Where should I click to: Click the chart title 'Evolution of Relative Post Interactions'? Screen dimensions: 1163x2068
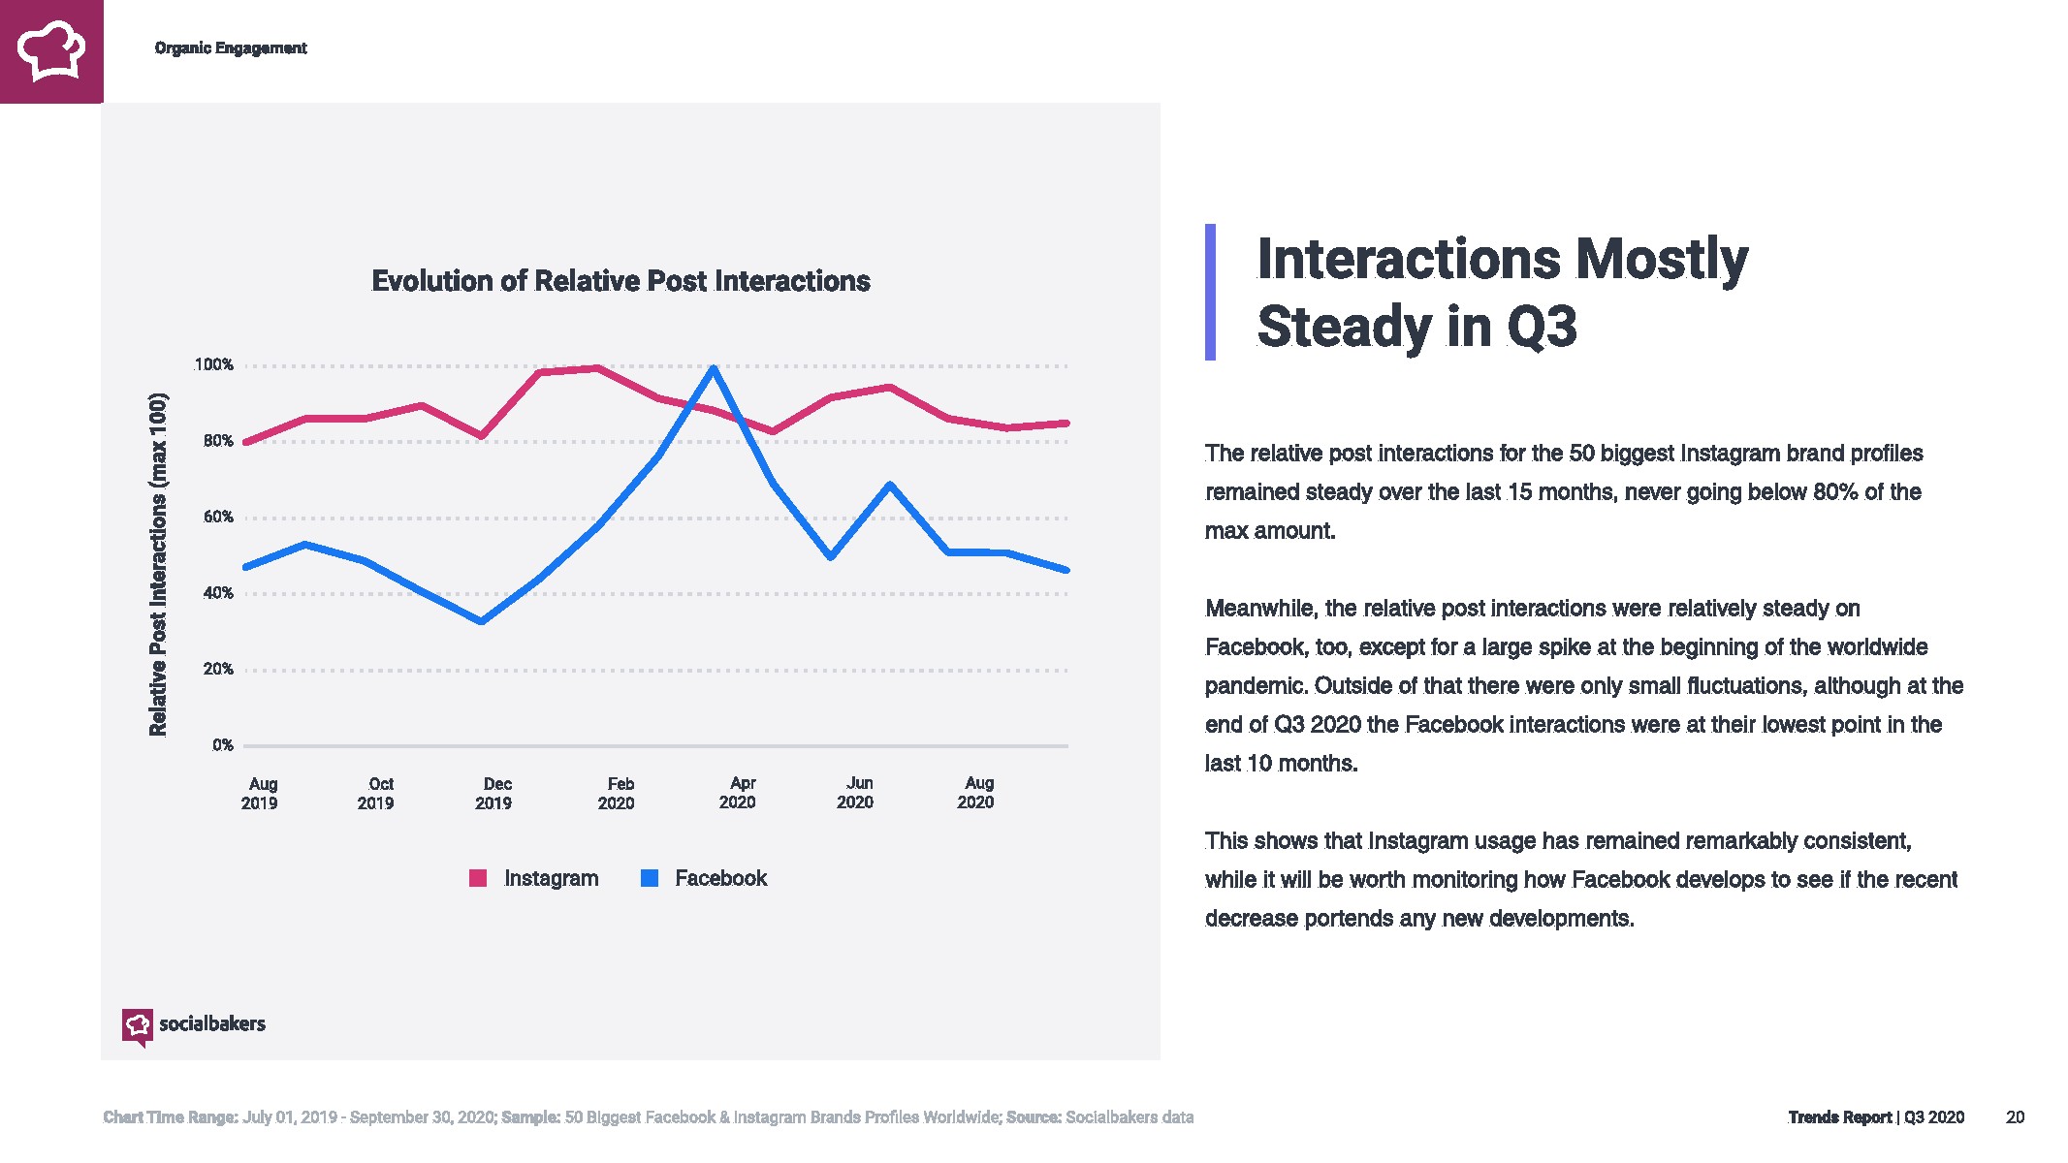pyautogui.click(x=620, y=281)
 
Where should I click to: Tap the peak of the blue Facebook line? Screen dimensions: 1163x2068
pyautogui.click(x=714, y=368)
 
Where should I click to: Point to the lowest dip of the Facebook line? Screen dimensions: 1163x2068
pyautogui.click(x=482, y=621)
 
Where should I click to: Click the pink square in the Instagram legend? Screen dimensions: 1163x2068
pyautogui.click(x=478, y=878)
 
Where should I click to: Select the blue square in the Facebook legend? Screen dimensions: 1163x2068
pyautogui.click(x=650, y=878)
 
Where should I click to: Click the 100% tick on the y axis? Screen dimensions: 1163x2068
pyautogui.click(x=213, y=365)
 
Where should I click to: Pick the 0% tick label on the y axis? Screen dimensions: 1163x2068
pyautogui.click(x=223, y=745)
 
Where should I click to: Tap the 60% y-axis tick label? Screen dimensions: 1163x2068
pyautogui.click(x=218, y=518)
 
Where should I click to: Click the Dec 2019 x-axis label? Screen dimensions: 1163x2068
pyautogui.click(x=494, y=793)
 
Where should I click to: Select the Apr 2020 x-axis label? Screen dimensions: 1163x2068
pyautogui.click(x=739, y=793)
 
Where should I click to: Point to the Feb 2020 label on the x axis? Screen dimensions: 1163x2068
pyautogui.click(x=618, y=793)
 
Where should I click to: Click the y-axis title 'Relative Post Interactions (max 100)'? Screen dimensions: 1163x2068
pyautogui.click(x=158, y=564)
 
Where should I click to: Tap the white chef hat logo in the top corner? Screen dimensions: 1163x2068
pyautogui.click(x=51, y=50)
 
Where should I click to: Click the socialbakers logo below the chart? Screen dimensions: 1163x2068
pyautogui.click(x=193, y=1025)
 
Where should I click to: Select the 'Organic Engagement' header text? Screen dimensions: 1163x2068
pyautogui.click(x=231, y=48)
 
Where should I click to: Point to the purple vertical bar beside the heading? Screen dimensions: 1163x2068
pyautogui.click(x=1210, y=292)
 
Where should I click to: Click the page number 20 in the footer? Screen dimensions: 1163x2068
pyautogui.click(x=2015, y=1117)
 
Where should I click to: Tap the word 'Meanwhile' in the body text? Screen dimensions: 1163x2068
pyautogui.click(x=1260, y=609)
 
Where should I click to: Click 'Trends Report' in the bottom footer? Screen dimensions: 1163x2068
pyautogui.click(x=1839, y=1117)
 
